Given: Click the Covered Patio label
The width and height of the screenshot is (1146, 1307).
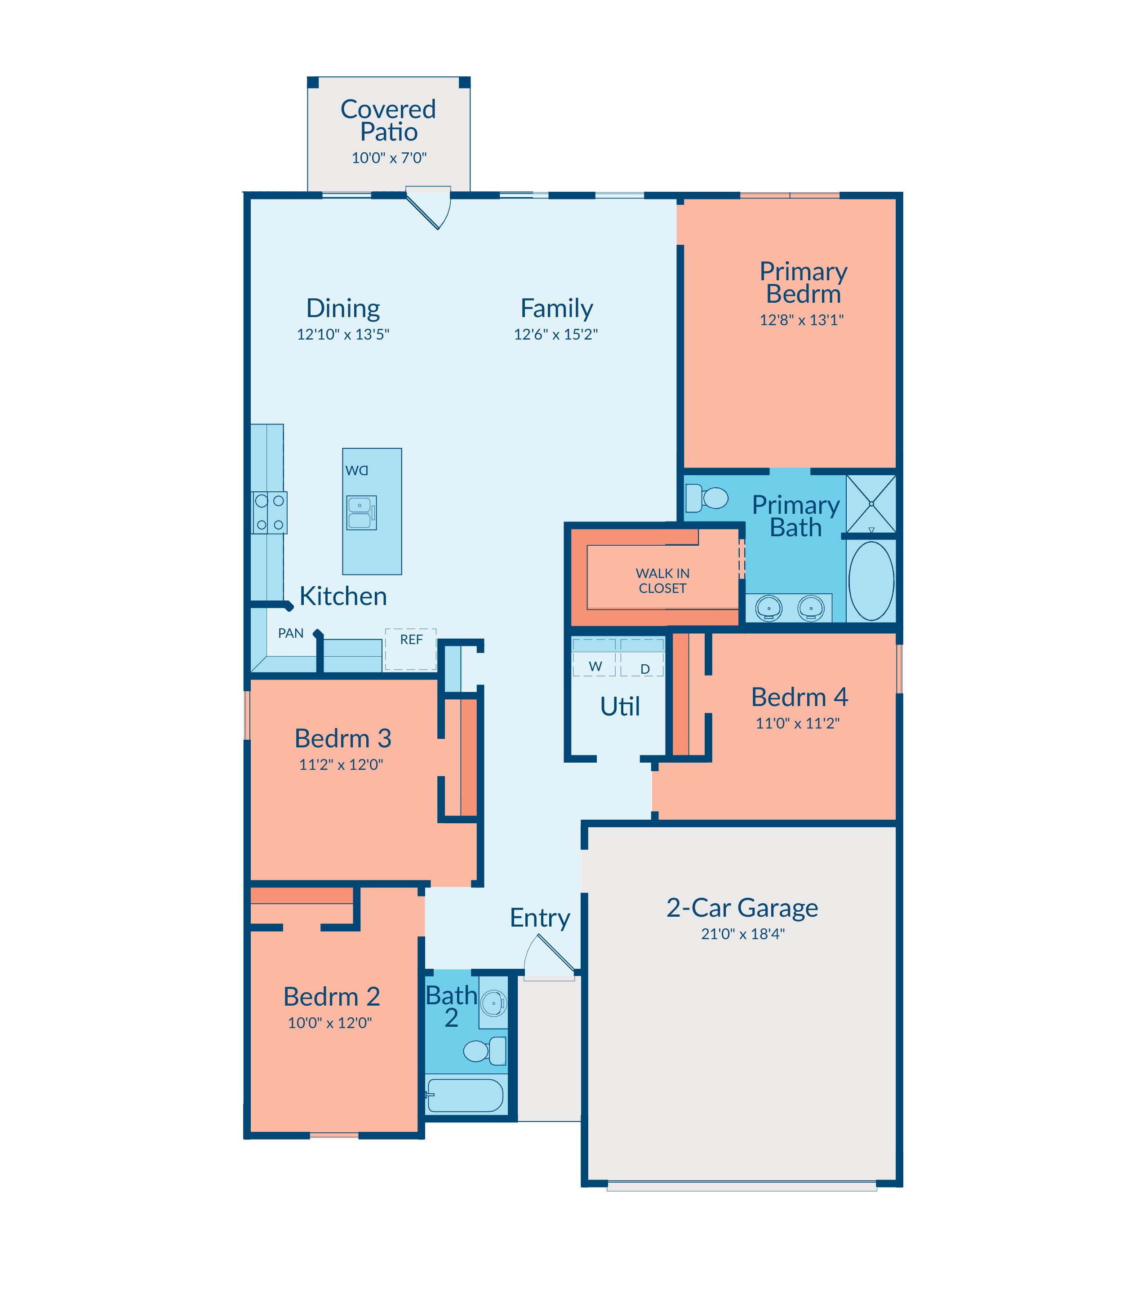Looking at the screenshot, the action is point(388,120).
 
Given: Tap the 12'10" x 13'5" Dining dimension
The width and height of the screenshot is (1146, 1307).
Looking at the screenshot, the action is point(343,334).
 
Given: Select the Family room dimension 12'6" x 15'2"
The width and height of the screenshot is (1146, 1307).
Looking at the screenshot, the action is point(556,334).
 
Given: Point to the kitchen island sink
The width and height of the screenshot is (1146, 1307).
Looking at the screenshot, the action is point(361,512).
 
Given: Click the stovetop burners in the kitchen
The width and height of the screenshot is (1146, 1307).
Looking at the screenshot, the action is point(269,512).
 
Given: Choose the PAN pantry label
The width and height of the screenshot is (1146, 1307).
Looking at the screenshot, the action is point(291,633).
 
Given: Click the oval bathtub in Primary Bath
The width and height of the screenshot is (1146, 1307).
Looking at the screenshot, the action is point(871,581).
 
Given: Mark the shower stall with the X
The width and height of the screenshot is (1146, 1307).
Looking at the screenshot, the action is point(871,503).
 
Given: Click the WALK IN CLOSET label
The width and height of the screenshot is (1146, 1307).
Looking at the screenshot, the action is point(662,581).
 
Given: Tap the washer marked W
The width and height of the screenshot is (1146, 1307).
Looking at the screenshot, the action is point(594,657).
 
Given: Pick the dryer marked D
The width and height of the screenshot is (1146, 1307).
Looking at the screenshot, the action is point(642,657).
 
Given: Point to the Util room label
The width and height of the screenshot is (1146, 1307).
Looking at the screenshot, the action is point(620,706).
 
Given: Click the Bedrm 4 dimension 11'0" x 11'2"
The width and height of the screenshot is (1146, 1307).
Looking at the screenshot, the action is point(797,724).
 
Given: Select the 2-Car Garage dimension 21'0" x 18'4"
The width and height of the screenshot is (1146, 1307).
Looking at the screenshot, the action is point(742,934).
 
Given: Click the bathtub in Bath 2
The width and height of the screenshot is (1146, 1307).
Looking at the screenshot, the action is point(465,1095).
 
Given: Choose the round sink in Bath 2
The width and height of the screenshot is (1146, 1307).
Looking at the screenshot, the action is point(494,1003).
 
